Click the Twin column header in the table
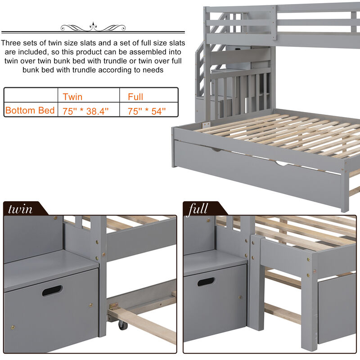coord(72,96)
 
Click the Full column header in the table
coord(135,96)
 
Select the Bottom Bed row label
coord(30,110)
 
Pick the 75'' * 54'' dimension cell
coord(147,111)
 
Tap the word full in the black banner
coord(198,209)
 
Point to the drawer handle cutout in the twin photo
coord(52,290)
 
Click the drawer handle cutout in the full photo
coord(206,282)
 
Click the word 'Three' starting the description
coord(13,44)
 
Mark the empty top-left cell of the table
coord(30,96)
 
